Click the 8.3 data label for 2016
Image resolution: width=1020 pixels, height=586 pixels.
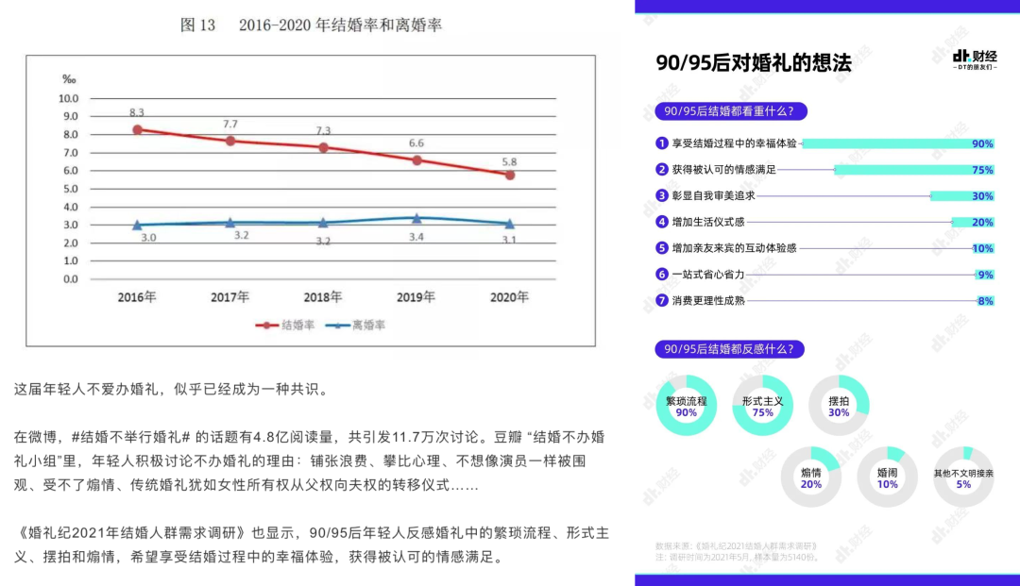tap(138, 112)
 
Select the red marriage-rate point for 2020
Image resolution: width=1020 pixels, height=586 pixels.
tap(510, 175)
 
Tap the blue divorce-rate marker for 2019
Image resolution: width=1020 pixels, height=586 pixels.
tap(416, 218)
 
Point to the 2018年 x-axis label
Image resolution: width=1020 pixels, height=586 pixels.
tap(323, 297)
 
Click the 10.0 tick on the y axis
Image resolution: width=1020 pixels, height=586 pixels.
tap(69, 98)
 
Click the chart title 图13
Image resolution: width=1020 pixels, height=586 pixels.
tap(198, 25)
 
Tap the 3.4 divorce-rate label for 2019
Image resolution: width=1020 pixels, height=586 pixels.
tap(416, 237)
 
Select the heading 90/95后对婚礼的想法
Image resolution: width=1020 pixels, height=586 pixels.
tap(754, 63)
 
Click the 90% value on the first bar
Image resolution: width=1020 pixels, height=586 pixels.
tap(982, 144)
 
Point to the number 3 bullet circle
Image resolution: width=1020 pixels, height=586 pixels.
tap(662, 196)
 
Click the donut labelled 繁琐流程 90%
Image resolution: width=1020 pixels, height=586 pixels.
tap(687, 406)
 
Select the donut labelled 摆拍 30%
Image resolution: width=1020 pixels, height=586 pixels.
tap(839, 406)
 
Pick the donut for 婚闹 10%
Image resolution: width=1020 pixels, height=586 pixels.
tap(887, 477)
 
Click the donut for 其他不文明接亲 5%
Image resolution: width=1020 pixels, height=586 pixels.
tap(963, 477)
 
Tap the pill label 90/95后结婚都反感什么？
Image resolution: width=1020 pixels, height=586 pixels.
tap(730, 349)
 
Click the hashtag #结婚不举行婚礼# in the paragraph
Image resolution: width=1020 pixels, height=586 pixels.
tap(131, 438)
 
